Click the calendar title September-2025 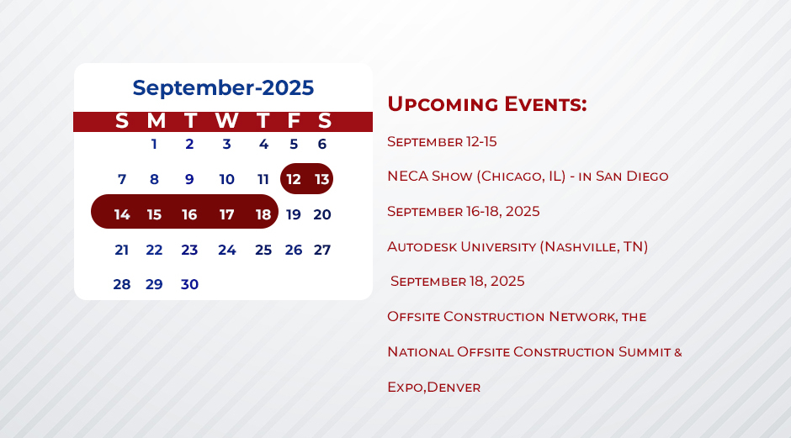[x=223, y=88]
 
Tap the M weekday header [x=156, y=121]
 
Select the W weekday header [x=227, y=121]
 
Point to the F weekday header [x=294, y=121]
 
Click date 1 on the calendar [x=154, y=144]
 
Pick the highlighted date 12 [x=294, y=179]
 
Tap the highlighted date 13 [x=321, y=179]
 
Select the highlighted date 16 [x=189, y=214]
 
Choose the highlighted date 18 [x=263, y=214]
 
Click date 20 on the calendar [x=321, y=214]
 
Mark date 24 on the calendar [x=227, y=250]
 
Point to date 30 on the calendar [x=189, y=284]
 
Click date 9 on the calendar [x=189, y=179]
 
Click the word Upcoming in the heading [x=443, y=105]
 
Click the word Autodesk [x=422, y=247]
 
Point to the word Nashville [x=579, y=247]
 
